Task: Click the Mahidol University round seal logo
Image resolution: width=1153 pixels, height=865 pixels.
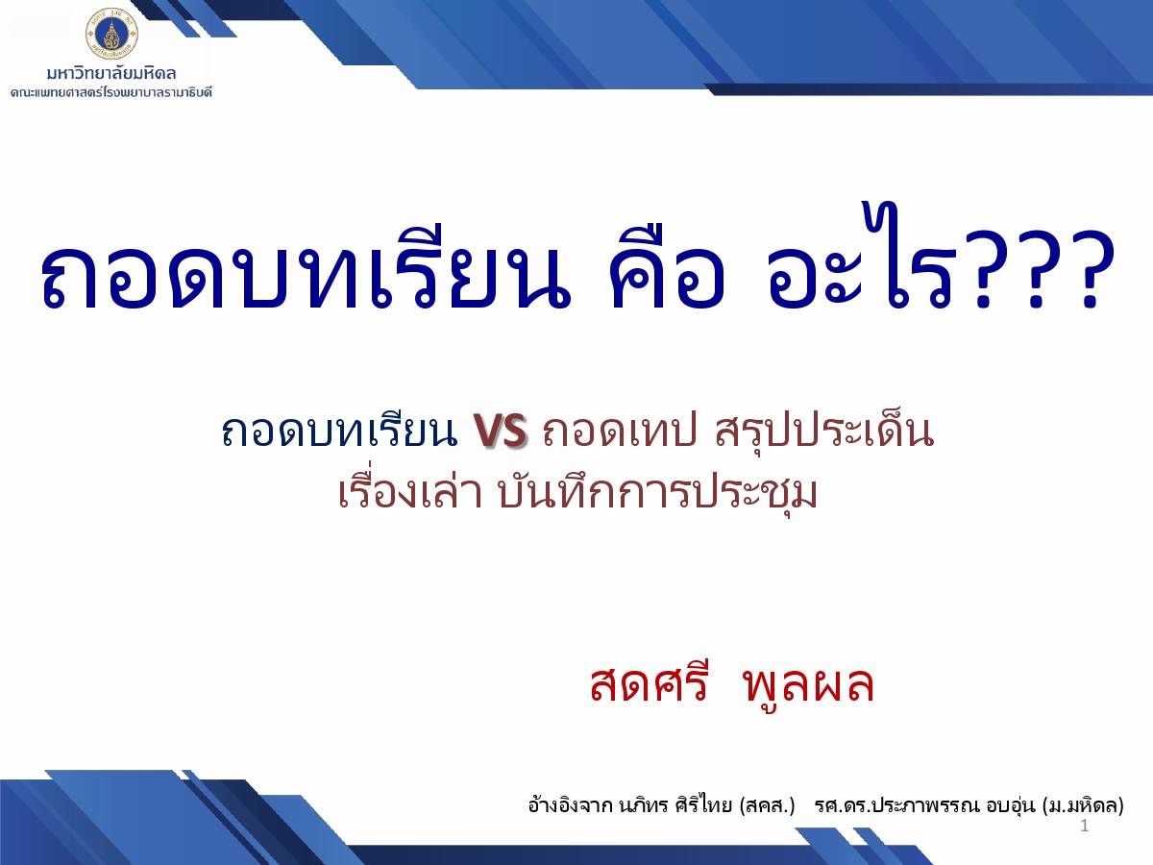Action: (x=111, y=34)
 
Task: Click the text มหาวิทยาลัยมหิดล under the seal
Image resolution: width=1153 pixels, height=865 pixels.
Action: (x=111, y=74)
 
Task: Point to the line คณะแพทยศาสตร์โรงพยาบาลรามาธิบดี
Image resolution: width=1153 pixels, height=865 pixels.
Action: (x=111, y=93)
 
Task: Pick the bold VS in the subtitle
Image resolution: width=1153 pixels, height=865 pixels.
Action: (x=500, y=431)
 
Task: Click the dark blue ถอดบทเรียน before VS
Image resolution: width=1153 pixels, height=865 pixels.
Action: (x=340, y=432)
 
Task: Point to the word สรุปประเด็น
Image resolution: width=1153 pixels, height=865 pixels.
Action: (x=824, y=432)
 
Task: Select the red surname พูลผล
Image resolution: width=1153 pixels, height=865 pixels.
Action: (x=809, y=684)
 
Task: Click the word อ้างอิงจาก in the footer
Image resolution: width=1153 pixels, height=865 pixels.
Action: (x=571, y=804)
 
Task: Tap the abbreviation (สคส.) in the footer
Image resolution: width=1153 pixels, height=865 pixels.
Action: (x=767, y=805)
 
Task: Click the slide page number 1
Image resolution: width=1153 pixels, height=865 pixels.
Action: (x=1084, y=827)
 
